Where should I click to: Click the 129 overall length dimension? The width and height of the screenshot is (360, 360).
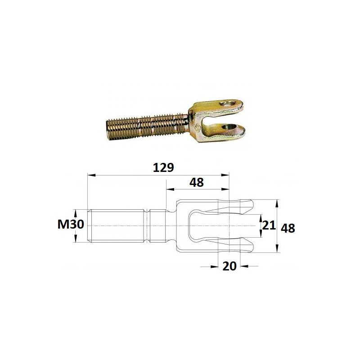pyautogui.click(x=163, y=167)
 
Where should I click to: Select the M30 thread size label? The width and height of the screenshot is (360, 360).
pyautogui.click(x=71, y=224)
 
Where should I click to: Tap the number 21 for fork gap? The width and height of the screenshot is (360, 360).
pyautogui.click(x=269, y=225)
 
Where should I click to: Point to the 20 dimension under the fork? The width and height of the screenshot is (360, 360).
pyautogui.click(x=229, y=266)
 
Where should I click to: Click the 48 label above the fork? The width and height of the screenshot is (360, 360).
pyautogui.click(x=197, y=183)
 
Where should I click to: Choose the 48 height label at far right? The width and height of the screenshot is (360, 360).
pyautogui.click(x=288, y=229)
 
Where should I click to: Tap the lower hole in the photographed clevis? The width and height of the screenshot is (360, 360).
pyautogui.click(x=229, y=127)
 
